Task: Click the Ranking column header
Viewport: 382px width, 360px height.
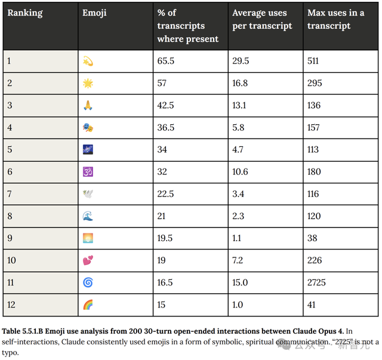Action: coord(24,13)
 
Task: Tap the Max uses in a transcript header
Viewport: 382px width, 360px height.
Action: coord(335,20)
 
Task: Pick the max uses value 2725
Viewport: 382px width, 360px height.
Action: coord(316,282)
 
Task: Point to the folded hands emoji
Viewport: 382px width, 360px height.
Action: coord(88,105)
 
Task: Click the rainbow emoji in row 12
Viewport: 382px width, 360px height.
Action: coord(88,304)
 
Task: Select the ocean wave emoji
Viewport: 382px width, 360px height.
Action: coord(88,216)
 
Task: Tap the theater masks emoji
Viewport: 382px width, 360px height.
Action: coord(88,127)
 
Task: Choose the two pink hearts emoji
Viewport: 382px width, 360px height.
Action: coord(88,260)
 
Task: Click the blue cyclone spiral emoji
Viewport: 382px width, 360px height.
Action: coord(88,282)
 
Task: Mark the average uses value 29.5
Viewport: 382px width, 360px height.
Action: coord(241,61)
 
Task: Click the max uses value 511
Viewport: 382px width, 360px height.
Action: coord(314,61)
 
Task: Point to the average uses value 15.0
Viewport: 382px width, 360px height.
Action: coord(241,282)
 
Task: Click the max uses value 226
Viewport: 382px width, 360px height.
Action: coord(315,260)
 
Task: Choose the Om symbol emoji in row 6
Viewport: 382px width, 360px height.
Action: coord(88,171)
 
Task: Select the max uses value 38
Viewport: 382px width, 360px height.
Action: coord(312,238)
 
